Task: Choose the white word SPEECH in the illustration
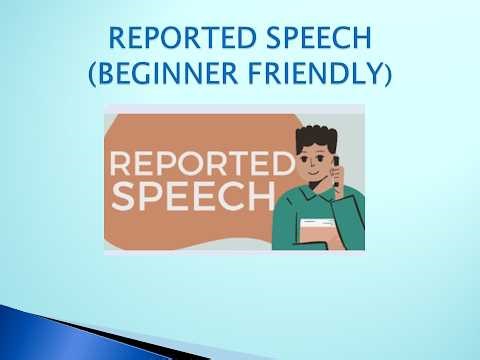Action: coord(191,195)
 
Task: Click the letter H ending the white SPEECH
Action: coord(258,195)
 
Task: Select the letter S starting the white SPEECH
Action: coord(122,195)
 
